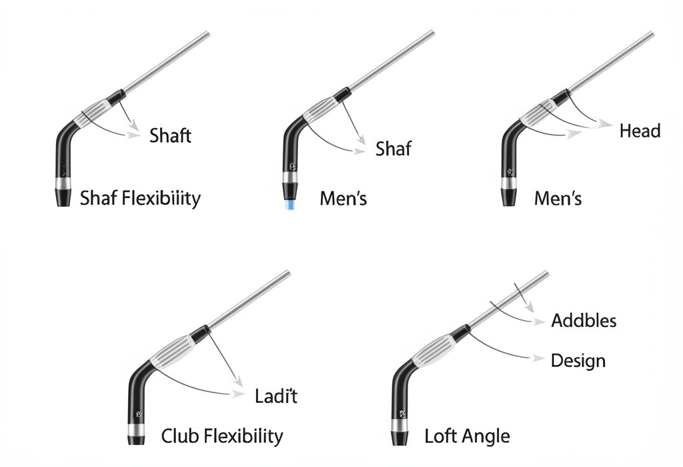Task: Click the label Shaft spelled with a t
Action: [170, 136]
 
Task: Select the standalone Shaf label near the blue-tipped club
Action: [393, 149]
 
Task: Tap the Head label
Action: [640, 131]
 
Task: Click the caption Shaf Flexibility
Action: [140, 198]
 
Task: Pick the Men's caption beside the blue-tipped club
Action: [344, 198]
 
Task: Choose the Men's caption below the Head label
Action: [558, 198]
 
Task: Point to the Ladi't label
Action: [276, 396]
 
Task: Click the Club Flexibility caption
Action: [222, 437]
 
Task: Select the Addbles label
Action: [584, 321]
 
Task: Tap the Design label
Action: [578, 361]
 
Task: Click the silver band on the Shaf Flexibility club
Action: [63, 183]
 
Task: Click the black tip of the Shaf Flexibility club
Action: [63, 197]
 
